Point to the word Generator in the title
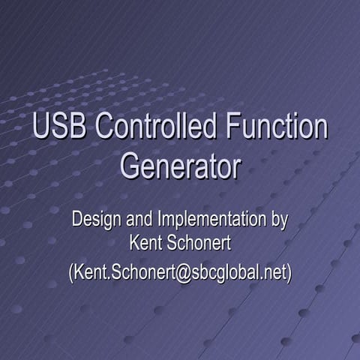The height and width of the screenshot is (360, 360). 180,166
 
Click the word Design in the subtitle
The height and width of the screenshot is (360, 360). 94,220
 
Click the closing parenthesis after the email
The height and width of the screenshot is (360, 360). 288,272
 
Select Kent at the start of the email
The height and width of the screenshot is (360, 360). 89,272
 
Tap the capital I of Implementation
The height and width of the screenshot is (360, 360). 158,220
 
